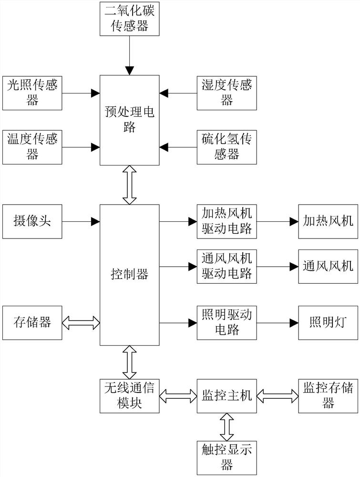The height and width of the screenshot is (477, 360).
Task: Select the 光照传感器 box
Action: pos(32,93)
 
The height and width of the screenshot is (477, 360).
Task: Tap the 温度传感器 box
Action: pos(32,147)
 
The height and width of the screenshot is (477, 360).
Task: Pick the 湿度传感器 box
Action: pos(226,93)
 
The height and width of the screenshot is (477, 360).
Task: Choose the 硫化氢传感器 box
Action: pos(226,147)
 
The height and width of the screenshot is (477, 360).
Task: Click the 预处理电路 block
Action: pos(129,120)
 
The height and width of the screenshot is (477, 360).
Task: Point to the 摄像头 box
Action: pos(32,221)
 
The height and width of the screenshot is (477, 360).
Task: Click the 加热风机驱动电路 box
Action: pos(226,221)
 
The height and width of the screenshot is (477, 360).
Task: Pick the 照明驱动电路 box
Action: pos(226,322)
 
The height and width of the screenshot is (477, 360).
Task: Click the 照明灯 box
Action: pos(329,322)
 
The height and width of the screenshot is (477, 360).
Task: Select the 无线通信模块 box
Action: pos(129,395)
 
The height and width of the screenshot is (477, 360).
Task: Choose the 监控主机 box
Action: pos(226,395)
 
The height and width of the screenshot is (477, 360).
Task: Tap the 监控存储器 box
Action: pos(329,395)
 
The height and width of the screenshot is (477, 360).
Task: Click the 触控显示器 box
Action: pos(226,457)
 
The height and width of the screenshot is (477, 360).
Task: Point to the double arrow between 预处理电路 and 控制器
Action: pos(129,185)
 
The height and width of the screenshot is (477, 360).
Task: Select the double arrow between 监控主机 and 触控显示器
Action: pos(226,426)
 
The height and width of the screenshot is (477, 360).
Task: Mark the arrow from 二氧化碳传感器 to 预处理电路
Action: pos(129,54)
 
